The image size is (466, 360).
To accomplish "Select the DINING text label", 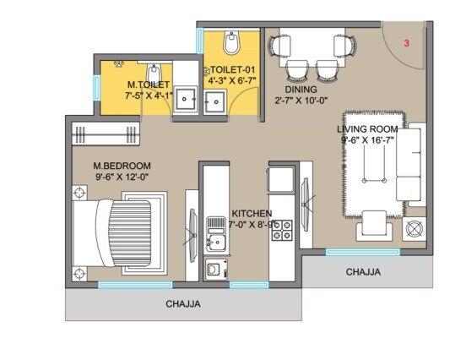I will click(x=301, y=89).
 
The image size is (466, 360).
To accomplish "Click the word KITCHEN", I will click(x=252, y=214).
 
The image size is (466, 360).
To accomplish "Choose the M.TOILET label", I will click(x=149, y=85).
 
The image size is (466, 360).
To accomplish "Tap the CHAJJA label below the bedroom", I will click(x=182, y=304).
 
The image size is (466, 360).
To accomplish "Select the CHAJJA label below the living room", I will click(x=363, y=272).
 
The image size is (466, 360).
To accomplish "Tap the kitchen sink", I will click(x=214, y=234).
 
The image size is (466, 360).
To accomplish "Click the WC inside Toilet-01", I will click(x=232, y=41).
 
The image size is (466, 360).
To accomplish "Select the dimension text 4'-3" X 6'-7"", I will click(x=231, y=81).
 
